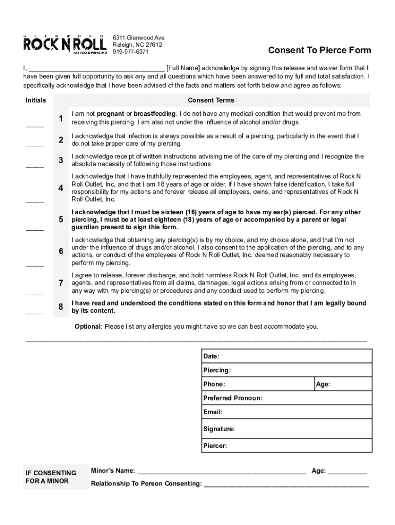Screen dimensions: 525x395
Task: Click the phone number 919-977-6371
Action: (x=131, y=52)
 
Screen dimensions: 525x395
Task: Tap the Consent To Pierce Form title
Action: (x=319, y=50)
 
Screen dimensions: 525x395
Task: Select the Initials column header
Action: (x=35, y=100)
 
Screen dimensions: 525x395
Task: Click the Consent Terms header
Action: (x=211, y=100)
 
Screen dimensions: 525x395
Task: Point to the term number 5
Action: (x=61, y=219)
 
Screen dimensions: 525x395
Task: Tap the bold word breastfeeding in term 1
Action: (x=155, y=114)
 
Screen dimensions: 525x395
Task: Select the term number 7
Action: (x=61, y=283)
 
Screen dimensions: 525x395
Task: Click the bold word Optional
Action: (x=87, y=327)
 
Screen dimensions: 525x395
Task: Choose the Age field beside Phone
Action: (x=343, y=384)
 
